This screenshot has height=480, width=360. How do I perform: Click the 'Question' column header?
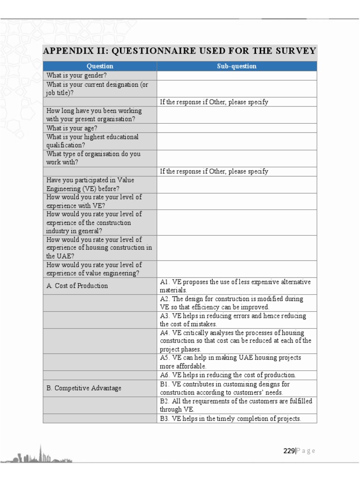100,66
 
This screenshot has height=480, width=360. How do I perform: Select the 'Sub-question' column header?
237,66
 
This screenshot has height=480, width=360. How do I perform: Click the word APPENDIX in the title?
65,51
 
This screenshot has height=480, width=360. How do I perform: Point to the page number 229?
289,451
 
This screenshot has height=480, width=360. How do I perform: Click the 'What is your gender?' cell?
76,75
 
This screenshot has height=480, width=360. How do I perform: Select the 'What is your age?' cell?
72,128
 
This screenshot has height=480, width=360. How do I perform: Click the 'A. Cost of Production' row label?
77,285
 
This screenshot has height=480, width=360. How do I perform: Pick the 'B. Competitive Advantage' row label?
83,388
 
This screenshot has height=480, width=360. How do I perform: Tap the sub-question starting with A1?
235,285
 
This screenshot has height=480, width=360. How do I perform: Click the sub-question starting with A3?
233,320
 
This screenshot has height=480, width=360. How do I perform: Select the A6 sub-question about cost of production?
228,375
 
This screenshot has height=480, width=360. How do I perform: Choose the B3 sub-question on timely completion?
230,419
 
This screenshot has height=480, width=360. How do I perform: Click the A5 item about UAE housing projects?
230,362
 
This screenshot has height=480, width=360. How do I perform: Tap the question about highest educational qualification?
92,141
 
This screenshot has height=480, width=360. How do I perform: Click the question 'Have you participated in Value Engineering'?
90,184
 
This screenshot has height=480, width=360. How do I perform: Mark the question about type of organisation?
93,158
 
